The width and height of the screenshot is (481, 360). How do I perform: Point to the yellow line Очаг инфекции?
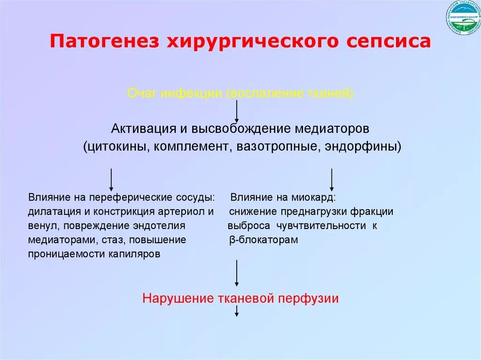[240, 93]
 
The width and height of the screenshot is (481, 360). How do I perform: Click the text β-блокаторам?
[264, 240]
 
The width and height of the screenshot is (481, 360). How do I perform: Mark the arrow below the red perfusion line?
[237, 310]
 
